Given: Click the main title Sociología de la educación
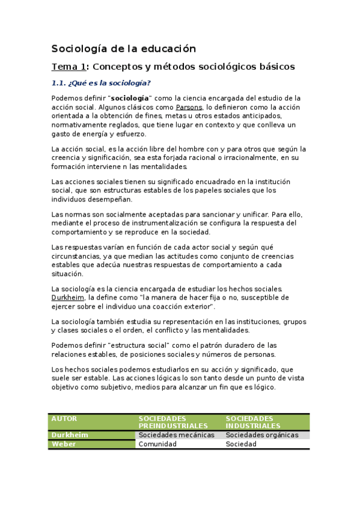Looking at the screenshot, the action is point(124,49).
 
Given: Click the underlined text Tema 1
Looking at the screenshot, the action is point(69,67).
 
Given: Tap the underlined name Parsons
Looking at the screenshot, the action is point(189,107).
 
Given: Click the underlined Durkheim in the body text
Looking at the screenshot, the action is point(68,297).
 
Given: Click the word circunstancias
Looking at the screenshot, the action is point(79,256).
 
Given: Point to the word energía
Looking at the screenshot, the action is point(100,134).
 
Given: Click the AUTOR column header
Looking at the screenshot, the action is point(64,418).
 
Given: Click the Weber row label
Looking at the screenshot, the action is point(64,444).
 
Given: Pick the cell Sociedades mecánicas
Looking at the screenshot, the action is point(176,435).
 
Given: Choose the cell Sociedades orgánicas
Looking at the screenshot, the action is point(262,435).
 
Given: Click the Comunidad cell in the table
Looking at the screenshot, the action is point(157,444).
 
